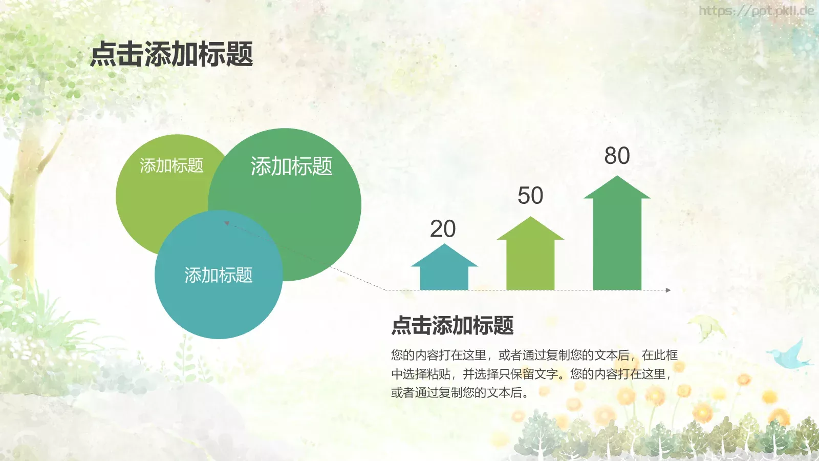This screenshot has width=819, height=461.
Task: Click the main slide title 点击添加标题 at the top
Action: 171,54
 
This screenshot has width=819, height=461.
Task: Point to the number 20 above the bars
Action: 443,229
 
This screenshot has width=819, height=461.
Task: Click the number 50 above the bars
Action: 530,196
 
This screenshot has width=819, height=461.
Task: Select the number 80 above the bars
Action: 617,156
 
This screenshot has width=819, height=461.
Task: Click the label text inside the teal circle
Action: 219,276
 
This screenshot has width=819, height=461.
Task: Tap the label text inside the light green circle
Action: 171,165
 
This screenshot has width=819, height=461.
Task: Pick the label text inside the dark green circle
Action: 291,166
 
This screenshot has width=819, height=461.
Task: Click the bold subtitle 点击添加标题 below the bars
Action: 452,326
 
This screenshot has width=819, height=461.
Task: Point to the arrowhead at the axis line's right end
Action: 668,290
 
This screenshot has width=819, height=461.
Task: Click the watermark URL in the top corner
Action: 756,11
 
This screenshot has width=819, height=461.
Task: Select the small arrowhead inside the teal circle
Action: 227,223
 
